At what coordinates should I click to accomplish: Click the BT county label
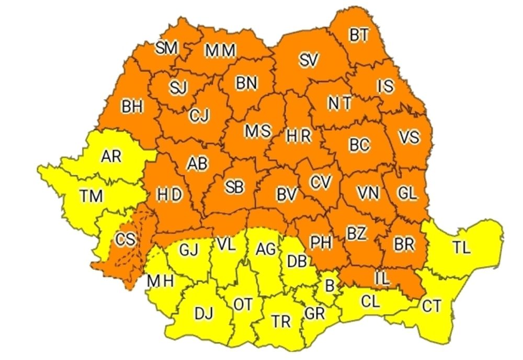[359, 35]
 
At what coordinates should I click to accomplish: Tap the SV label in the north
[309, 61]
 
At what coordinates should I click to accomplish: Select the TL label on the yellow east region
[461, 248]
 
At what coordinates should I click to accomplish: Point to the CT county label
[431, 306]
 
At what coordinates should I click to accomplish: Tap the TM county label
[92, 196]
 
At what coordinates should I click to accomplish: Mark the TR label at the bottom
[281, 321]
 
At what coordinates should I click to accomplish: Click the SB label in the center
[234, 187]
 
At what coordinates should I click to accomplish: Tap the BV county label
[287, 195]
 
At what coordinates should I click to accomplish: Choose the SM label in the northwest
[167, 48]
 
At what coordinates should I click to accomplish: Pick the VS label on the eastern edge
[408, 137]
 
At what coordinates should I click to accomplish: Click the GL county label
[407, 193]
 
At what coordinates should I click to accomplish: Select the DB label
[297, 261]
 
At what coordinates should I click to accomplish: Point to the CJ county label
[199, 115]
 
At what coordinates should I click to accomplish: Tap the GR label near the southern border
[314, 314]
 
